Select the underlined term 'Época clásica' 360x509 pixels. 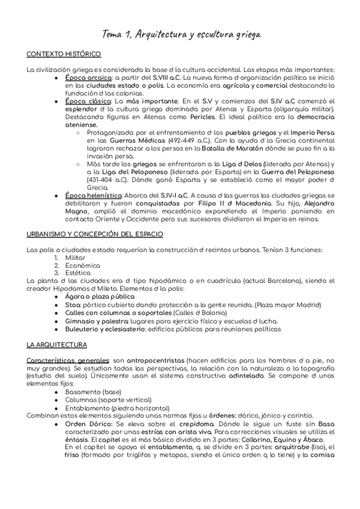click(x=88, y=101)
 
